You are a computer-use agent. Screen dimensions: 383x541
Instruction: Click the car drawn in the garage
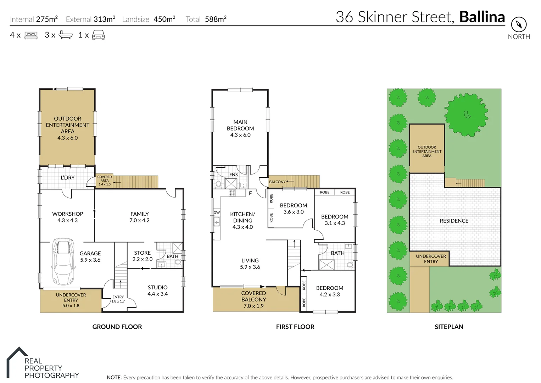64,261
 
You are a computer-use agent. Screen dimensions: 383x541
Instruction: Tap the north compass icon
519,25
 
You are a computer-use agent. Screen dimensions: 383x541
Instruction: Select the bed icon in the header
31,35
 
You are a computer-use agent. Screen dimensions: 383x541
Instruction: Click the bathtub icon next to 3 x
66,35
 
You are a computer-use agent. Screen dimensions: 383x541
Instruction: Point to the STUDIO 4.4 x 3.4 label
157,290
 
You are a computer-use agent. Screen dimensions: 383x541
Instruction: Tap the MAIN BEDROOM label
240,128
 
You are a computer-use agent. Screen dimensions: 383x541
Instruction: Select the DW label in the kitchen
217,213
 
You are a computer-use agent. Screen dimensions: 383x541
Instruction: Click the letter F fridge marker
250,194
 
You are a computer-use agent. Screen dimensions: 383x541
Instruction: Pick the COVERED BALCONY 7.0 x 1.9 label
253,299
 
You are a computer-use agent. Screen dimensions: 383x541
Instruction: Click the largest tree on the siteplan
466,114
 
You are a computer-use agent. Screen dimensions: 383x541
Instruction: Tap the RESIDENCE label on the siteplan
454,221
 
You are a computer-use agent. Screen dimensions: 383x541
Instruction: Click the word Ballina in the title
482,17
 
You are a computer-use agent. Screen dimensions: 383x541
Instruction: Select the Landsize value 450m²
164,19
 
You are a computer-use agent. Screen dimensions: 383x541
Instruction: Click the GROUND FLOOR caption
117,327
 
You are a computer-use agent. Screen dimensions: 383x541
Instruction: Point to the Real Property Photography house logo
17,362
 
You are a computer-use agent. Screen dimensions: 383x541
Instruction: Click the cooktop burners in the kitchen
232,193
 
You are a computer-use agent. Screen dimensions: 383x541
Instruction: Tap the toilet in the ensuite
218,184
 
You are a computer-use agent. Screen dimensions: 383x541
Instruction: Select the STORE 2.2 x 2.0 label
142,256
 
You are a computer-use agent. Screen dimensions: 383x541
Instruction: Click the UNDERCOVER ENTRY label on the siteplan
431,259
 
